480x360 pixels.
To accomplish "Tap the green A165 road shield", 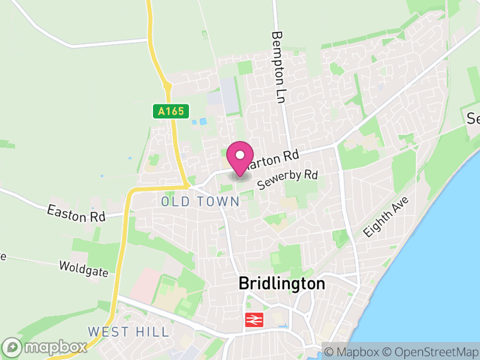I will (x=170, y=111).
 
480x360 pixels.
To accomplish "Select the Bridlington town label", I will (x=281, y=283).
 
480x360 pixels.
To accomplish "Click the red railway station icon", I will (x=253, y=320).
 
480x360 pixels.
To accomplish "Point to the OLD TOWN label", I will (x=200, y=202).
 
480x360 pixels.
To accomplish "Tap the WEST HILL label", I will (x=128, y=332).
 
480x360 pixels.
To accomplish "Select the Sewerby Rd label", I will (x=287, y=179).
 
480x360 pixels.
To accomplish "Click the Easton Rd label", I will (x=76, y=212).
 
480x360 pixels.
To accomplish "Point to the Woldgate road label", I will (x=84, y=268).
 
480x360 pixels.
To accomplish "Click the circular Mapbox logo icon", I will (x=12, y=347).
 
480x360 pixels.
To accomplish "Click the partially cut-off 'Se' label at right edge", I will (x=473, y=118).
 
